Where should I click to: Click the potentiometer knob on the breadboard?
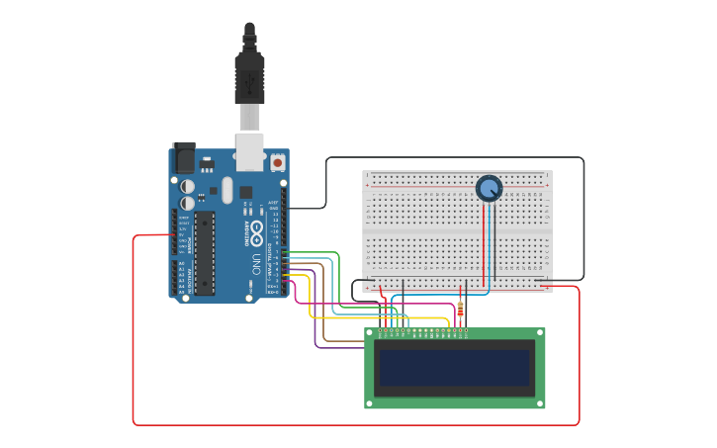(489, 188)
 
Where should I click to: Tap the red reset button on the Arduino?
(278, 162)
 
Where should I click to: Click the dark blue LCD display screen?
(455, 367)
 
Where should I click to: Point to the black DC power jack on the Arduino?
(184, 158)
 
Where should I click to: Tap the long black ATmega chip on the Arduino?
(204, 252)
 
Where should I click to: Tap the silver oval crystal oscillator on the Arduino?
(226, 189)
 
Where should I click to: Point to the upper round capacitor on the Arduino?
(188, 185)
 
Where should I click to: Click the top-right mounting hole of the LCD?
(539, 333)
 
